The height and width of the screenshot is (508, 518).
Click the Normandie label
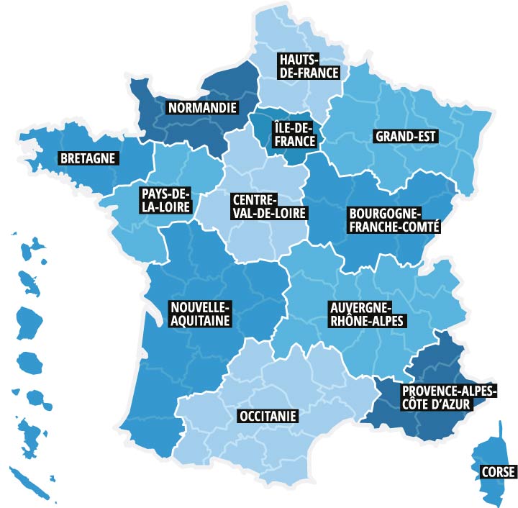pos(201,109)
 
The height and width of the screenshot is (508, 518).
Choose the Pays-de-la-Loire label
pos(165,201)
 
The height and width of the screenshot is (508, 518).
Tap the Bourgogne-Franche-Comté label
pos(394,220)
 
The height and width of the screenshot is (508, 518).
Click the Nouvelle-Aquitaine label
pos(200,314)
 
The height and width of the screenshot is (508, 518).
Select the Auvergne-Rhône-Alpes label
pos(365,314)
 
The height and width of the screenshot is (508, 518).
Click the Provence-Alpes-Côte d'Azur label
pos(438,398)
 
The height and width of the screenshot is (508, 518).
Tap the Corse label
pos(498,472)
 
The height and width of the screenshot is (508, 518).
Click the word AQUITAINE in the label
pos(200,321)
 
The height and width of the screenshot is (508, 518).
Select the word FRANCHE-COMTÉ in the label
pos(394,227)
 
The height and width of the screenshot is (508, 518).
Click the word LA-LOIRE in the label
pos(165,207)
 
